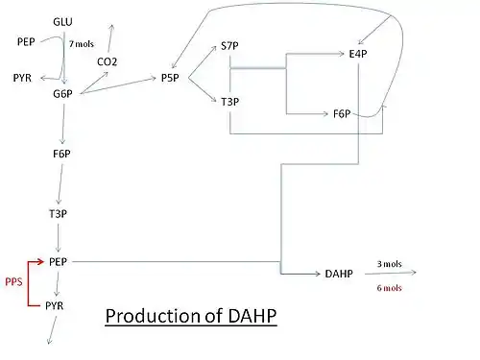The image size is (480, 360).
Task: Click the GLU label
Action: pyautogui.click(x=62, y=22)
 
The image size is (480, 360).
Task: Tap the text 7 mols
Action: pyautogui.click(x=82, y=44)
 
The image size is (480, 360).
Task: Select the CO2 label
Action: pyautogui.click(x=107, y=61)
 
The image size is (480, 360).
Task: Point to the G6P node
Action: pyautogui.click(x=62, y=94)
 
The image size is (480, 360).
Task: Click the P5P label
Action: pyautogui.click(x=170, y=78)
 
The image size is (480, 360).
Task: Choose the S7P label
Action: pyautogui.click(x=229, y=46)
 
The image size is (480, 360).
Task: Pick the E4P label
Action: pyautogui.click(x=358, y=54)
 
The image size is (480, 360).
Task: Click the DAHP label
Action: pyautogui.click(x=339, y=274)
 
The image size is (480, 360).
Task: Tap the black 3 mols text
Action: pyautogui.click(x=389, y=264)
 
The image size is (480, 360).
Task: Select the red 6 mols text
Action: pyautogui.click(x=389, y=288)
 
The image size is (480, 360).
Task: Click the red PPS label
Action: pyautogui.click(x=13, y=282)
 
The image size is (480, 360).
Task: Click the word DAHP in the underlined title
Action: pyautogui.click(x=252, y=316)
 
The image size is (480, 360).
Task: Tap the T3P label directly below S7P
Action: pyautogui.click(x=229, y=102)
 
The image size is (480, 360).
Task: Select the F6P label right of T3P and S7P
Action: pyautogui.click(x=342, y=113)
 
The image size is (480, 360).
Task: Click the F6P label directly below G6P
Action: pyautogui.click(x=61, y=154)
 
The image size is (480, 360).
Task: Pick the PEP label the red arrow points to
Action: pyautogui.click(x=58, y=262)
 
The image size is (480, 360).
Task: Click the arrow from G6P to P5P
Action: pyautogui.click(x=118, y=85)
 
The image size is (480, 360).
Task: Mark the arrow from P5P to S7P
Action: pyautogui.click(x=203, y=62)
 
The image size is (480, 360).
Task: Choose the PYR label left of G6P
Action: pyautogui.click(x=22, y=78)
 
